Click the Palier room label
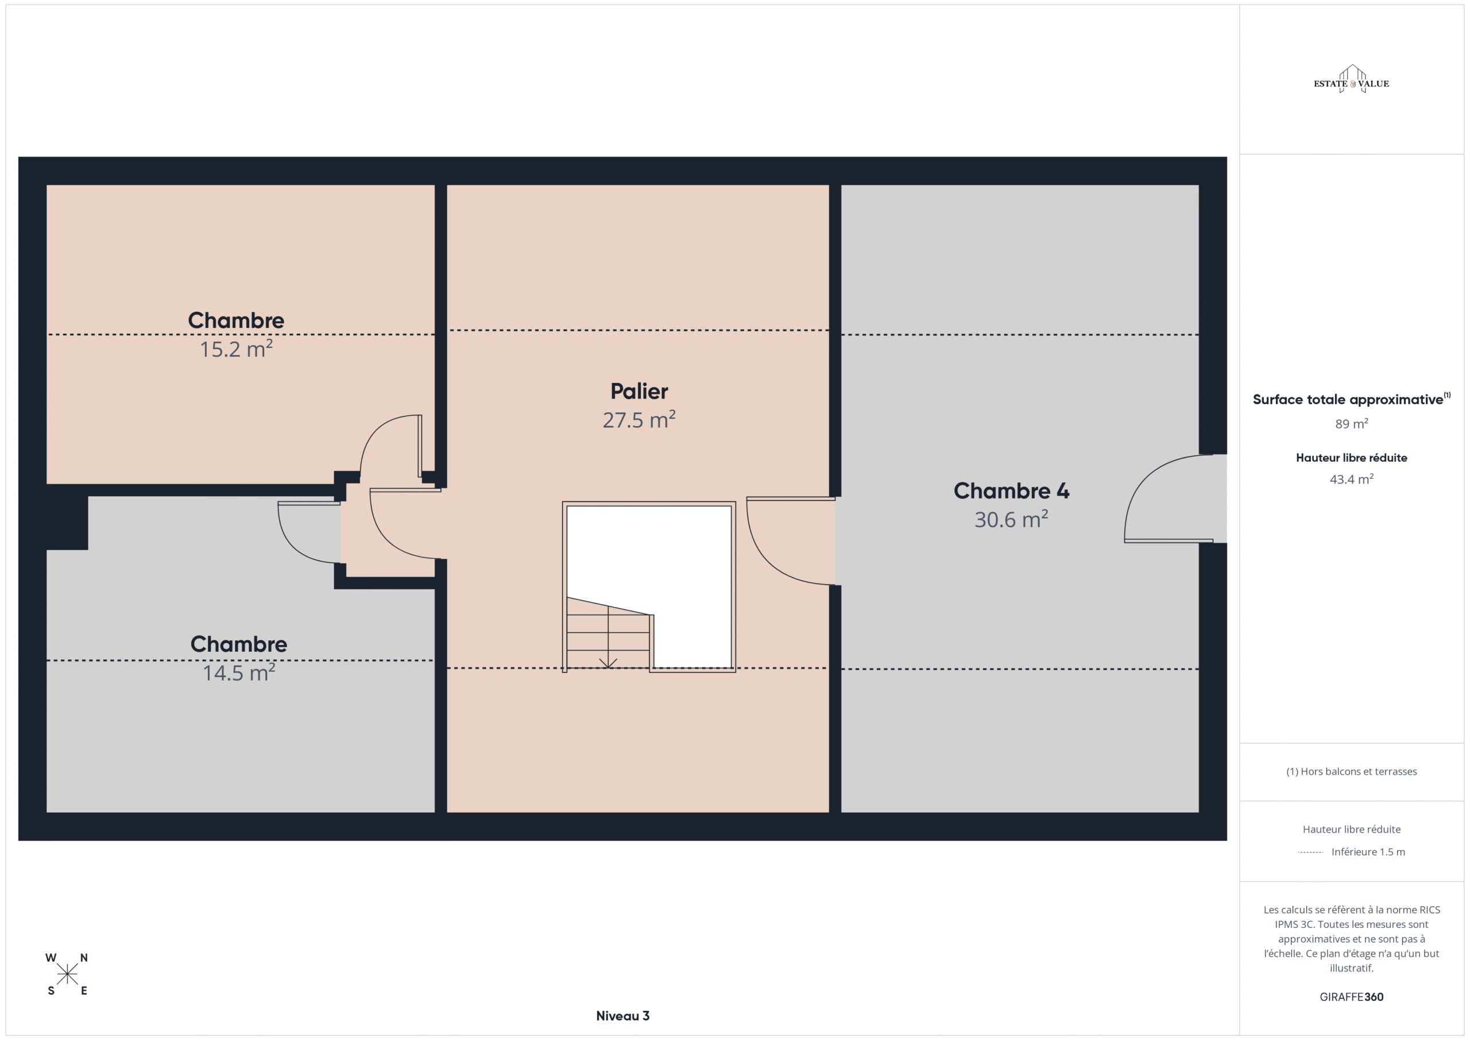click(639, 391)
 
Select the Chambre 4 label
click(1011, 490)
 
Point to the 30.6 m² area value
click(1011, 519)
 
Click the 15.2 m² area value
click(236, 349)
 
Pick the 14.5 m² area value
click(239, 672)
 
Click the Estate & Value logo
click(1351, 79)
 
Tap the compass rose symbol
click(67, 974)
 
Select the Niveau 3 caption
click(622, 1016)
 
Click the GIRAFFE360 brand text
click(1351, 996)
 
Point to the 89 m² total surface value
click(1351, 423)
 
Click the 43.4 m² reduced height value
click(1351, 479)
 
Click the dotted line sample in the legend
click(1310, 852)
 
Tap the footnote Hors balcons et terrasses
click(1351, 772)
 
